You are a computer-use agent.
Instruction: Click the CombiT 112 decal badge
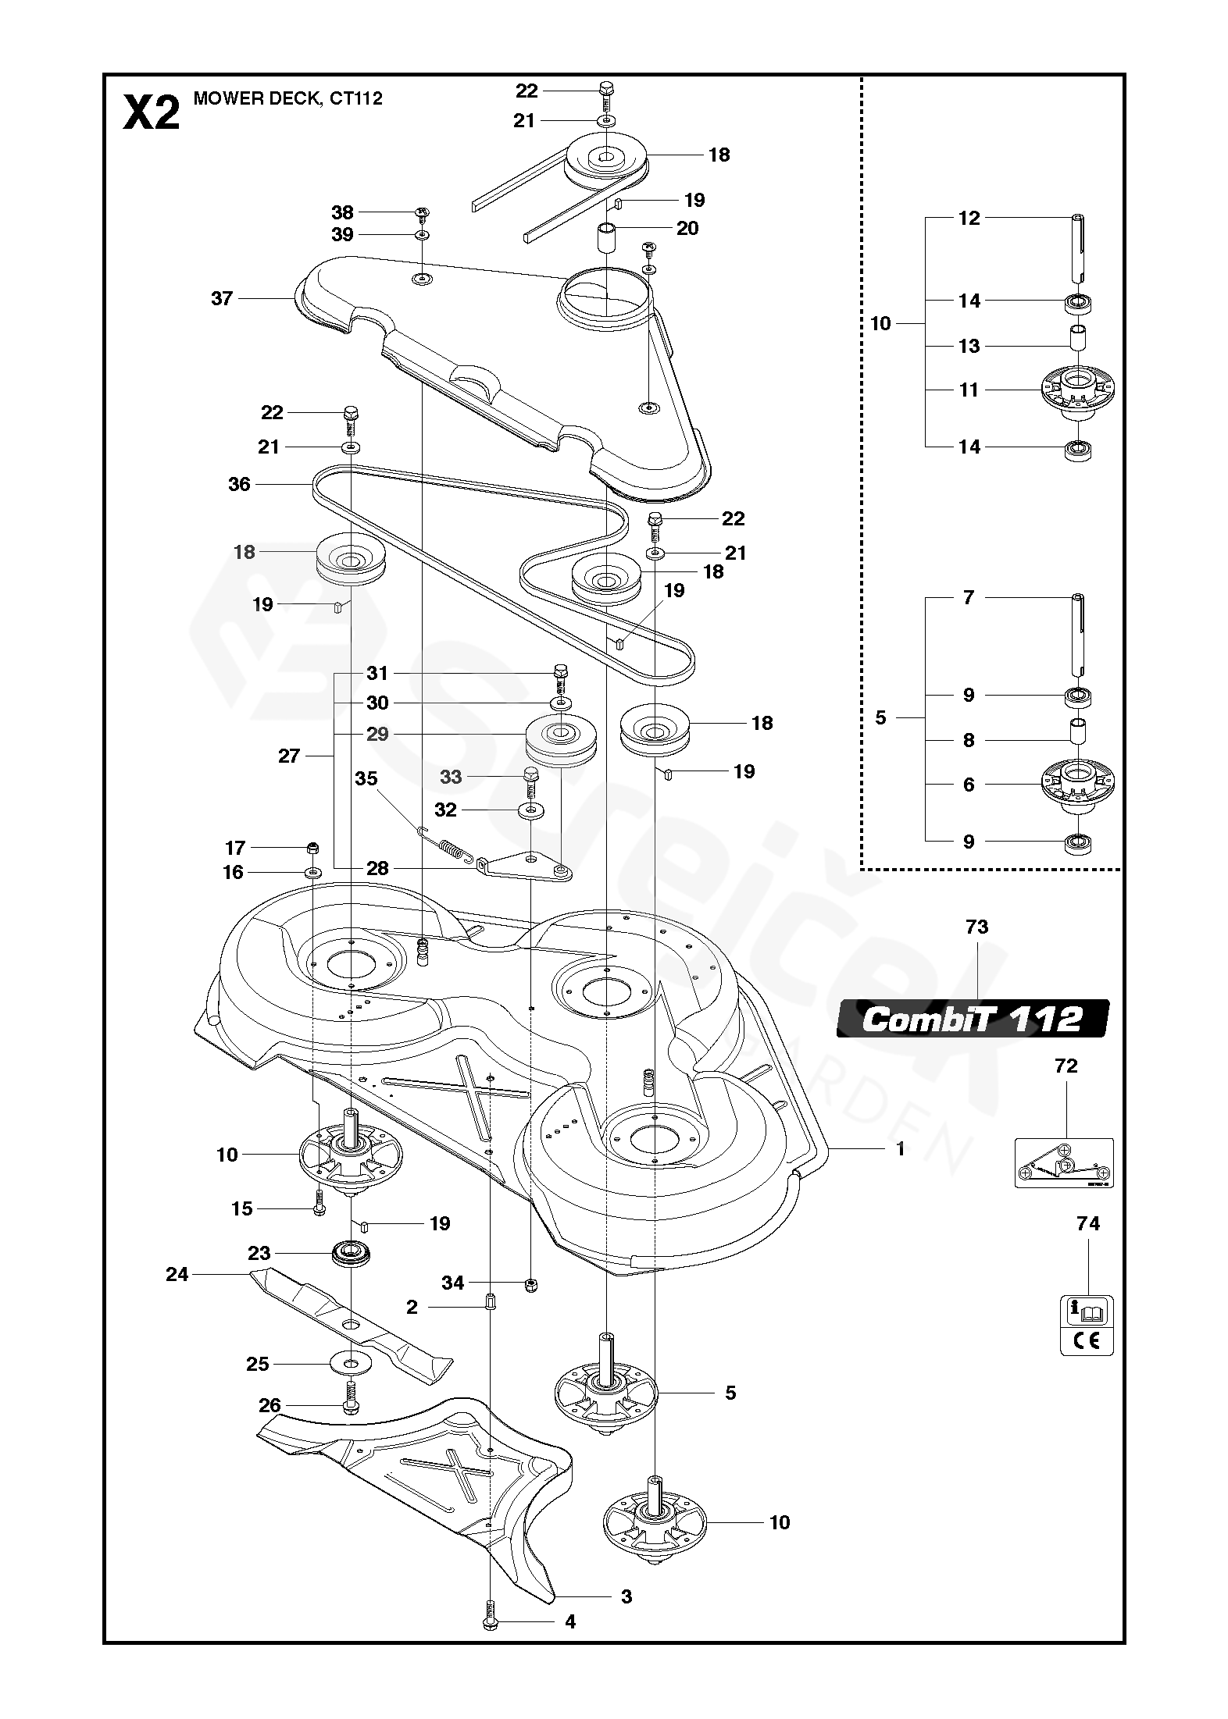(x=973, y=1019)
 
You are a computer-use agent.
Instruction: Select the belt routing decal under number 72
(x=1063, y=1162)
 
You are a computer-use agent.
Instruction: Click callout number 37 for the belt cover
(x=223, y=298)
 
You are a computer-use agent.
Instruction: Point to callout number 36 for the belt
(x=239, y=484)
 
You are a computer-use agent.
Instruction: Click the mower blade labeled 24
(x=351, y=1325)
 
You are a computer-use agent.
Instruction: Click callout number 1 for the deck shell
(x=900, y=1148)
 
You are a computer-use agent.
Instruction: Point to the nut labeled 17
(x=313, y=848)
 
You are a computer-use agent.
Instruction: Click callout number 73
(x=976, y=927)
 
